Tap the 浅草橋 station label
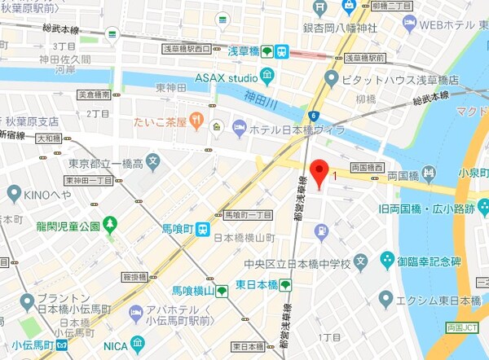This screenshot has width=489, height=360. click(242, 51)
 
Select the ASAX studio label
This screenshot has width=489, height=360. click(225, 78)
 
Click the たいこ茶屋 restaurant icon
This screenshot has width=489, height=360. click(197, 122)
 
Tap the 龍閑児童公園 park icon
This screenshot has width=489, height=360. click(110, 224)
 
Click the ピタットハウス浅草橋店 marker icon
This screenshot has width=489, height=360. click(330, 78)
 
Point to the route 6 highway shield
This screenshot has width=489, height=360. click(313, 117)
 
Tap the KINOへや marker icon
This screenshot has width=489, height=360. click(13, 194)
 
